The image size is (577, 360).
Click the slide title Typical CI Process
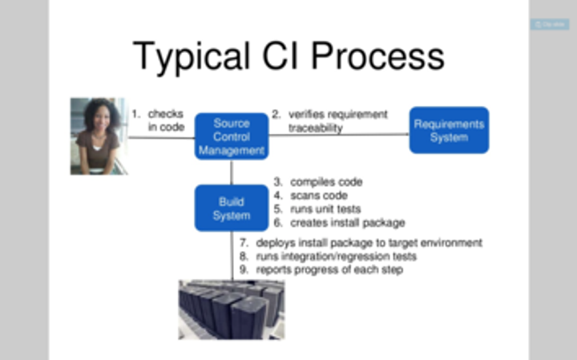coord(288,57)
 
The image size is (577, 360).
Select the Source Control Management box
coord(232,136)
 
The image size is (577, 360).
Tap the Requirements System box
coord(449,130)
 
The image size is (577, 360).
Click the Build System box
coord(232,208)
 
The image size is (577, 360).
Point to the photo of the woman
coord(99,136)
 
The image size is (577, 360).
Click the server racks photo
coord(231,309)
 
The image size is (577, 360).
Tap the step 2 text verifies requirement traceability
coord(329,120)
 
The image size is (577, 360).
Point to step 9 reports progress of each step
coord(329,270)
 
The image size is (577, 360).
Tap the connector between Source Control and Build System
coord(232,172)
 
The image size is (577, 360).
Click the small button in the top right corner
coord(550,25)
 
